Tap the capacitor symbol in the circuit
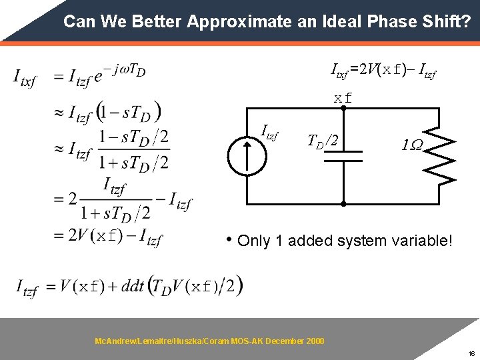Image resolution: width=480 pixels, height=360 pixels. [x=343, y=156]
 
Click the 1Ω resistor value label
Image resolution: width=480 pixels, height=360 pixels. [x=412, y=145]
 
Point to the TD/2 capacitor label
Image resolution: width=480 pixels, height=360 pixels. [x=326, y=141]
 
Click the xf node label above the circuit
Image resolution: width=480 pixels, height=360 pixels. [x=343, y=99]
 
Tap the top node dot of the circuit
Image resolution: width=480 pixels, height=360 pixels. [x=343, y=111]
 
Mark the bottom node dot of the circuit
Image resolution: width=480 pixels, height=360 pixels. [x=343, y=203]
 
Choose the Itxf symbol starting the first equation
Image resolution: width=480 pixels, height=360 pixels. [x=25, y=78]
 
